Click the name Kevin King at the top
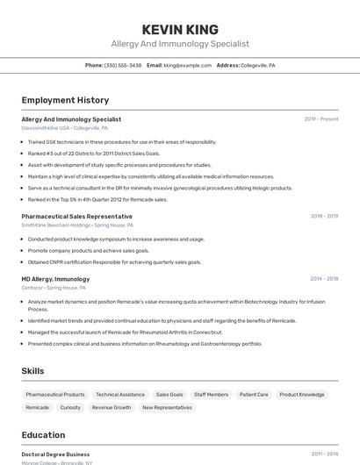[x=180, y=29]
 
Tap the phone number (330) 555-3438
[x=123, y=65]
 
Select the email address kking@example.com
[x=184, y=65]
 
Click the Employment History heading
[x=65, y=100]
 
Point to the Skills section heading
[x=32, y=371]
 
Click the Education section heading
[x=43, y=435]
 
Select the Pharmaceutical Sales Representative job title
[x=76, y=216]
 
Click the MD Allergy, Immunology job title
[x=55, y=279]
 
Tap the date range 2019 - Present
[x=320, y=119]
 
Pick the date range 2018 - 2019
[x=324, y=216]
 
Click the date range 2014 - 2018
[x=324, y=279]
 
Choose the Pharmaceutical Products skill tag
[x=55, y=395]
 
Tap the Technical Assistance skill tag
[x=120, y=395]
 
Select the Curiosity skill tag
[x=70, y=408]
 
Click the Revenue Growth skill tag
[x=112, y=408]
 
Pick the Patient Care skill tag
[x=254, y=395]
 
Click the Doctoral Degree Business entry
[x=55, y=454]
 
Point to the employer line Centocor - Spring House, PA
[x=54, y=288]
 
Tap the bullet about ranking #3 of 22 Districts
[x=94, y=154]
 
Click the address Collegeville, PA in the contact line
[x=257, y=65]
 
